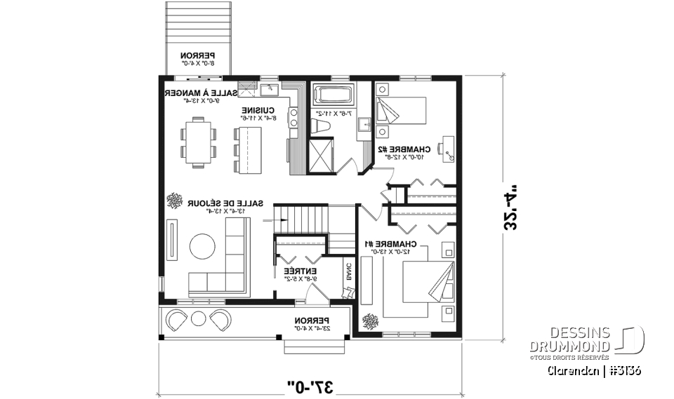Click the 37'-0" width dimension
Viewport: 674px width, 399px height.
pos(310,385)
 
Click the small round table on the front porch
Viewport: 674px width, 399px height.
pos(198,317)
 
